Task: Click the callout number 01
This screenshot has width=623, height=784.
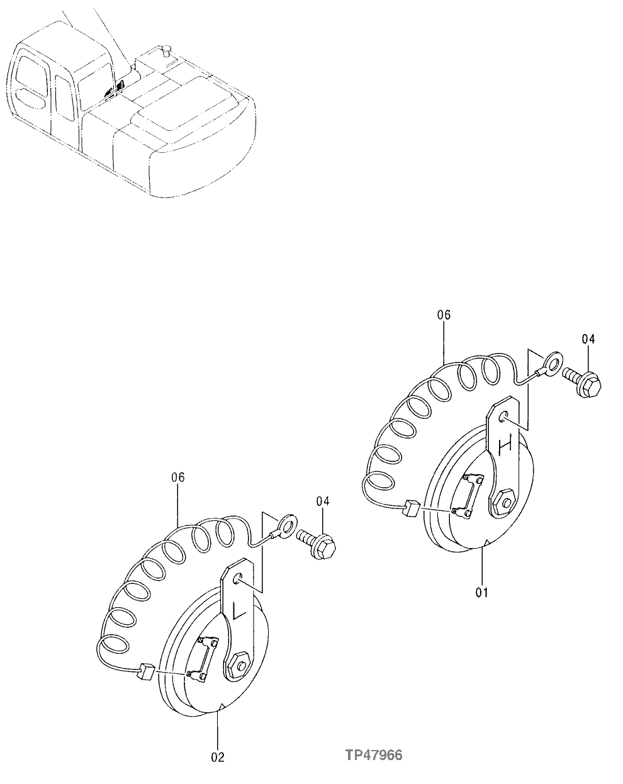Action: point(482,591)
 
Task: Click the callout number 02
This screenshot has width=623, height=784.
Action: point(217,757)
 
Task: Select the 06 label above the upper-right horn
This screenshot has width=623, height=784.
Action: point(444,315)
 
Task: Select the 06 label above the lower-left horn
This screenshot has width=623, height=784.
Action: point(178,478)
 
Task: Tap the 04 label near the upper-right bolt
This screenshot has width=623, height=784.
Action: point(588,339)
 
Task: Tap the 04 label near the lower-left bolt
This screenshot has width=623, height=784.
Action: point(323,501)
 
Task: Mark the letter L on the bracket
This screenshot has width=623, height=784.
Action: point(238,610)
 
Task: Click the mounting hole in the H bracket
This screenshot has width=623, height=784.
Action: point(503,417)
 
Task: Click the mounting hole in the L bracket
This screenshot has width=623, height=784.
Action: point(238,580)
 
